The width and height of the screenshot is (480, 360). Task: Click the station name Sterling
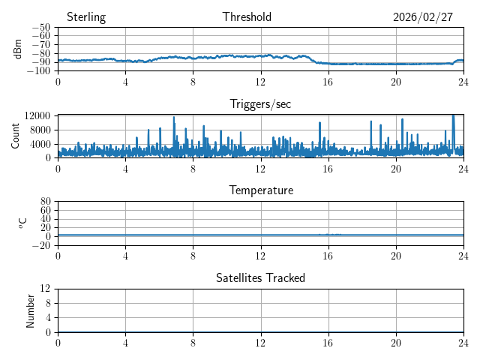pos(85,17)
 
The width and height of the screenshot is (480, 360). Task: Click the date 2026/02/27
pos(423,17)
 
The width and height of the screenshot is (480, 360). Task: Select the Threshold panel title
pos(247,17)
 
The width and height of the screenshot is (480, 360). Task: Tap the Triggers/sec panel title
pos(260,104)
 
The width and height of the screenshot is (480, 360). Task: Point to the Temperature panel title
pos(261,190)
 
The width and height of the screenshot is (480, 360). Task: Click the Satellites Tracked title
pos(260,277)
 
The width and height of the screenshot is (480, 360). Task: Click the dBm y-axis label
pos(17,49)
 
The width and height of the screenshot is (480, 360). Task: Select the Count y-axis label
pos(16,136)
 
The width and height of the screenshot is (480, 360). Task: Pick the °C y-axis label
pos(22,223)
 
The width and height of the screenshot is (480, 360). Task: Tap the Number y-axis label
pos(31,310)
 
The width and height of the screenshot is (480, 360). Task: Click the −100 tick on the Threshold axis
pos(40,71)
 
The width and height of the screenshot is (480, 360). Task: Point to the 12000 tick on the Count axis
pos(37,115)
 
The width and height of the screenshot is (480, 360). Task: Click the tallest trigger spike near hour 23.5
pos(453,116)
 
